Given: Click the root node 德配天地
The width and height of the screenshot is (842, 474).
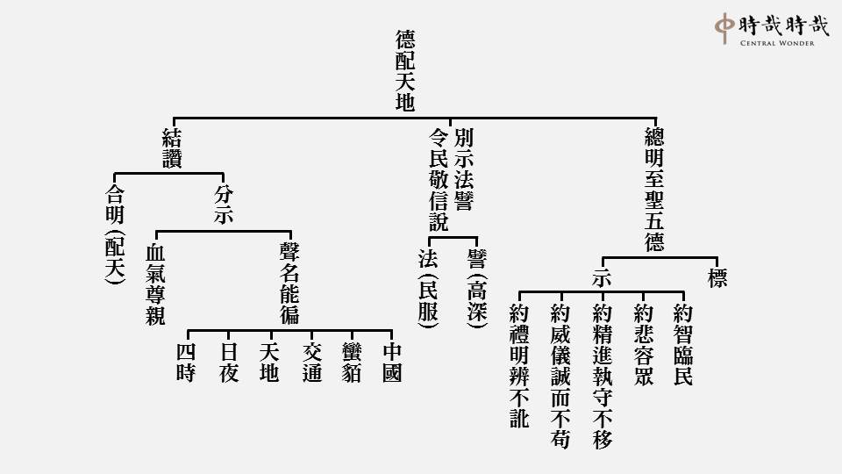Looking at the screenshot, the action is point(405,70).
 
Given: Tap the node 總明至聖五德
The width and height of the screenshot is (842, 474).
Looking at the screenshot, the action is point(654,190).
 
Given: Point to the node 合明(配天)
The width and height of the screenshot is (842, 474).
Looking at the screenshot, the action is point(115,233).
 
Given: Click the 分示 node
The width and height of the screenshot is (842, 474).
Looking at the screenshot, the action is point(224,205).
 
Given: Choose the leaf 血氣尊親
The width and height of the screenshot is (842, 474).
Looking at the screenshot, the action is point(156,284).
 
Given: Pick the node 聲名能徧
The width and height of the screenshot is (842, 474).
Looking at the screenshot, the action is point(289,284).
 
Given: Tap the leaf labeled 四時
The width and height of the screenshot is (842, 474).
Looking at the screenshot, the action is point(186,363).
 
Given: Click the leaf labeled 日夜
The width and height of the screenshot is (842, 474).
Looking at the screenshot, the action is point(229,363).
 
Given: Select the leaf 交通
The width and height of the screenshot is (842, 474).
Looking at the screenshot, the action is point(312,363).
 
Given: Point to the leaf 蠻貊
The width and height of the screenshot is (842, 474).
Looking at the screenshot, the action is point(352,363).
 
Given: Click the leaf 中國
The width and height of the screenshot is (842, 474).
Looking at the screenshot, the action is point(392,363).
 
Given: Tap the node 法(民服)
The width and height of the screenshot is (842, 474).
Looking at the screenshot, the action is point(429,288).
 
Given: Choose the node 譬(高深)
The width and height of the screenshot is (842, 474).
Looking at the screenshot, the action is point(477,288).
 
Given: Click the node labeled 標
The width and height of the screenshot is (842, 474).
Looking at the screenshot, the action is point(717,278).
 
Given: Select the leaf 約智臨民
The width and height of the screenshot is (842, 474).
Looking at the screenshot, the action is point(683,344).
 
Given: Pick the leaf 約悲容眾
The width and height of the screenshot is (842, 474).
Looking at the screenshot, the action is point(643,344).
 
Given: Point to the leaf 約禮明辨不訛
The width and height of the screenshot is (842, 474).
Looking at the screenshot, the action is point(519,366).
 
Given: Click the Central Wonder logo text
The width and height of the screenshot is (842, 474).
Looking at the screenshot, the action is point(777,43).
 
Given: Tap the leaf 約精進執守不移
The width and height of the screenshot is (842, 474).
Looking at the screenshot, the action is point(603,377).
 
